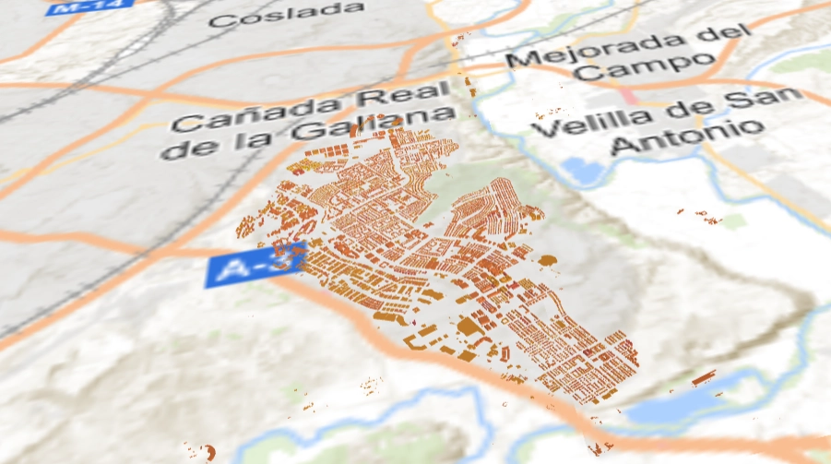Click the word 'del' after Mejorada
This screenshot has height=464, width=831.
click(720, 37)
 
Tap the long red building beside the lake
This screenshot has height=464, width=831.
click(704, 377)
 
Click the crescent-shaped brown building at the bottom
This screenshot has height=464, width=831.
click(209, 452)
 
